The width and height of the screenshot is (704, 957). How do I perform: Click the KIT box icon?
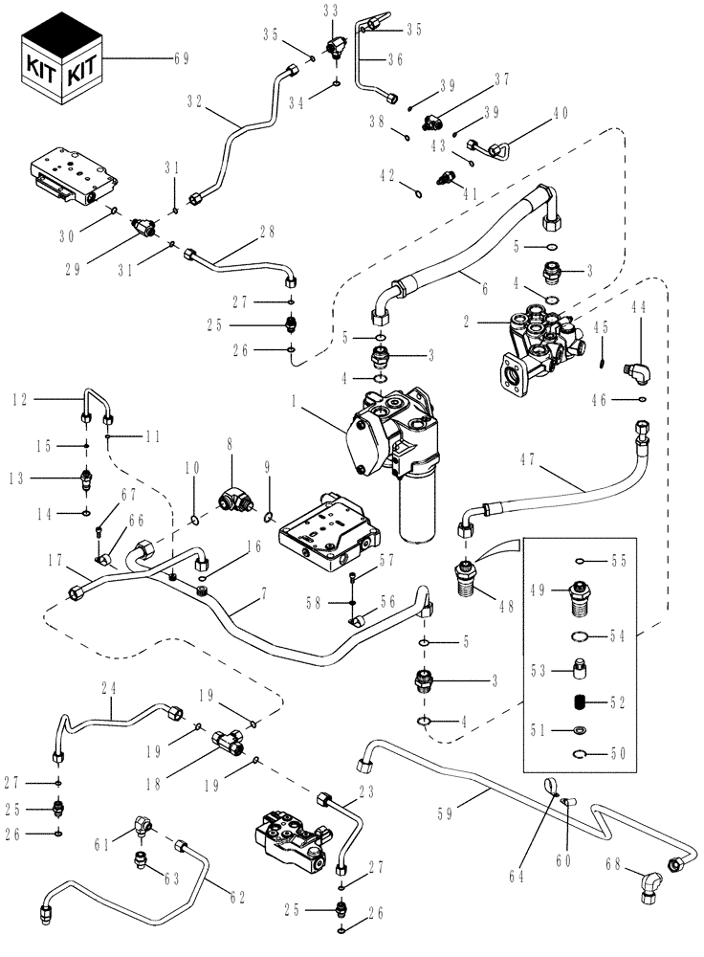(62, 67)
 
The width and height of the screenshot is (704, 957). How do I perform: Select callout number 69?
(180, 58)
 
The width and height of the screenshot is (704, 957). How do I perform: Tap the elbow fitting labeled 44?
(634, 368)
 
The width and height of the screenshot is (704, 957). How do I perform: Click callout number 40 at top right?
(560, 113)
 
